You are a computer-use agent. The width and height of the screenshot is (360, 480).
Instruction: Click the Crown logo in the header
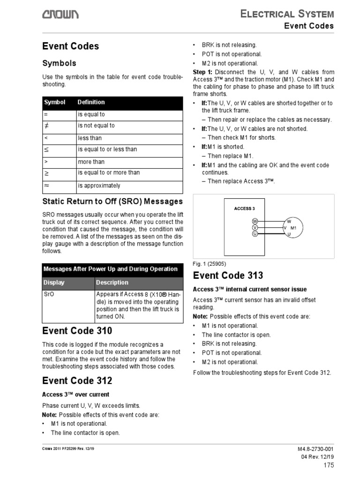click(x=60, y=15)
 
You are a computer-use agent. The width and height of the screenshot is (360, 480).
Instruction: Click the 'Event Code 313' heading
click(x=228, y=275)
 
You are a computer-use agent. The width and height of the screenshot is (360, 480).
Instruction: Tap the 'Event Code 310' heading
click(x=77, y=331)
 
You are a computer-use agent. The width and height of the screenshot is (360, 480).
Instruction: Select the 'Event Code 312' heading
click(x=77, y=380)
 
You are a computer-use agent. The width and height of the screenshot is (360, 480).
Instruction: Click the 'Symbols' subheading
click(x=59, y=63)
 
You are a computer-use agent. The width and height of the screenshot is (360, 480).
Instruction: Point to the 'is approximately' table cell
click(x=99, y=186)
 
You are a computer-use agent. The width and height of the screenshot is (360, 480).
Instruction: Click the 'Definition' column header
click(x=91, y=102)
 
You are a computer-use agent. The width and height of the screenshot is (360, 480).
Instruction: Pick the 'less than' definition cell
click(x=90, y=138)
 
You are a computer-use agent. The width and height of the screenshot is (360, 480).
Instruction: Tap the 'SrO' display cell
click(x=48, y=294)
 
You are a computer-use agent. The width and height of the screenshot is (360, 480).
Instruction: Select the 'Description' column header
click(x=112, y=283)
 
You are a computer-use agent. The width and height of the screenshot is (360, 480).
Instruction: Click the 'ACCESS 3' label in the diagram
click(x=245, y=209)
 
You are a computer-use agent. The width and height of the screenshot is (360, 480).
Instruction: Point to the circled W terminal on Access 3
click(x=255, y=221)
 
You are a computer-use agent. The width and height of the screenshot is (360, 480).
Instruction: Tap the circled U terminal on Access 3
click(x=255, y=233)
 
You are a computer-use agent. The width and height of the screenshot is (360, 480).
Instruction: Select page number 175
click(x=328, y=465)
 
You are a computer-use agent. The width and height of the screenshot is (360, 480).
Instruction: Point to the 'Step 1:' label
click(x=202, y=72)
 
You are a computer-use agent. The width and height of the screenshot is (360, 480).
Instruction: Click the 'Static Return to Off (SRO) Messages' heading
click(x=112, y=202)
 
